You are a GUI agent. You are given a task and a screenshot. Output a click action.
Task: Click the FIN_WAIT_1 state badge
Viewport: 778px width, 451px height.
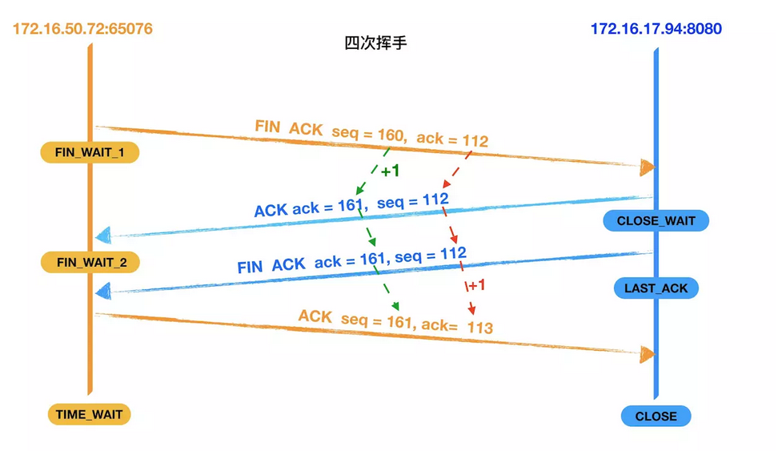click(90, 152)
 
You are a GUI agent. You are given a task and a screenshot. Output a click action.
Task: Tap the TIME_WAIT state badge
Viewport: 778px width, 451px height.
click(89, 414)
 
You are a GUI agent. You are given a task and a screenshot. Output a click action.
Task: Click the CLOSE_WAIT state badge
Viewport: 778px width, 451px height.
click(656, 221)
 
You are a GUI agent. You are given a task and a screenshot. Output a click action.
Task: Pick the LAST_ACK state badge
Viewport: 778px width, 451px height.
click(656, 288)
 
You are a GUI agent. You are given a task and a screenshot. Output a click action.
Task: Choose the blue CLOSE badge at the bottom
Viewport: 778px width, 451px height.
click(656, 417)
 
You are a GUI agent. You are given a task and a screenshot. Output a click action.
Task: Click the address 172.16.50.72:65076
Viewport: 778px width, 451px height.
click(82, 30)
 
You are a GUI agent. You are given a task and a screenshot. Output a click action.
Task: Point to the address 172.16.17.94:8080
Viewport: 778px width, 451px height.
click(656, 30)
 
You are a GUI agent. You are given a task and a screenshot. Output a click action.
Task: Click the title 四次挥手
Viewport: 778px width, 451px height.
click(375, 42)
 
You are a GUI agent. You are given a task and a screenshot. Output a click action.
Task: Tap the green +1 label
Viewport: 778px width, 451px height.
click(390, 171)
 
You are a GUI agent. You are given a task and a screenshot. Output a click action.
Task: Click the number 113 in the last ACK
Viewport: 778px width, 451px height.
click(480, 328)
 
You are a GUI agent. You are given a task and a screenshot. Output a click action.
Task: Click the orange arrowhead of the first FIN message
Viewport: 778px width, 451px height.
click(647, 167)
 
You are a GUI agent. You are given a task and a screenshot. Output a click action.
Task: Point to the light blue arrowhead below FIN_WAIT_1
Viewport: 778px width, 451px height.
click(102, 236)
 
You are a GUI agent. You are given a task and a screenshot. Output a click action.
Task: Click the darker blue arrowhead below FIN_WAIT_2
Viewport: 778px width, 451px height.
click(102, 292)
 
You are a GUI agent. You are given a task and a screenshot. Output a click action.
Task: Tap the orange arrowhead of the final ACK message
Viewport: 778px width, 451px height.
click(647, 354)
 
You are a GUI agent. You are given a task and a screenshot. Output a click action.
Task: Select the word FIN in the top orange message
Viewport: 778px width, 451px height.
click(268, 127)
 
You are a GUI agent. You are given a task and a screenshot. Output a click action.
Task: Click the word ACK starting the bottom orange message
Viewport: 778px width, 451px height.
click(315, 316)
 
